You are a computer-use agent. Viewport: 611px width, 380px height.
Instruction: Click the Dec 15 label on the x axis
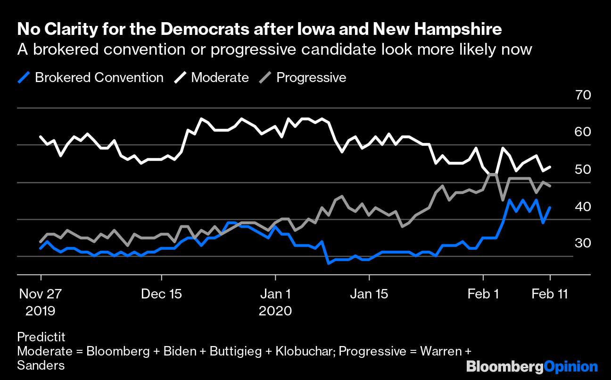coord(161,294)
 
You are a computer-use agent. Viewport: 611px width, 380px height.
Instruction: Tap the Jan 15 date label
coord(369,294)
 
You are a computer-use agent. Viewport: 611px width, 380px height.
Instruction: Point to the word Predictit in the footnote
coord(41,338)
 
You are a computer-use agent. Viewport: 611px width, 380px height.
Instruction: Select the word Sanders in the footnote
coord(41,365)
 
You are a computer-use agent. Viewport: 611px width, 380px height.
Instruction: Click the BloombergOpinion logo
coord(531,367)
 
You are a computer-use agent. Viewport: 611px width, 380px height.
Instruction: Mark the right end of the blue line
coord(550,207)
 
